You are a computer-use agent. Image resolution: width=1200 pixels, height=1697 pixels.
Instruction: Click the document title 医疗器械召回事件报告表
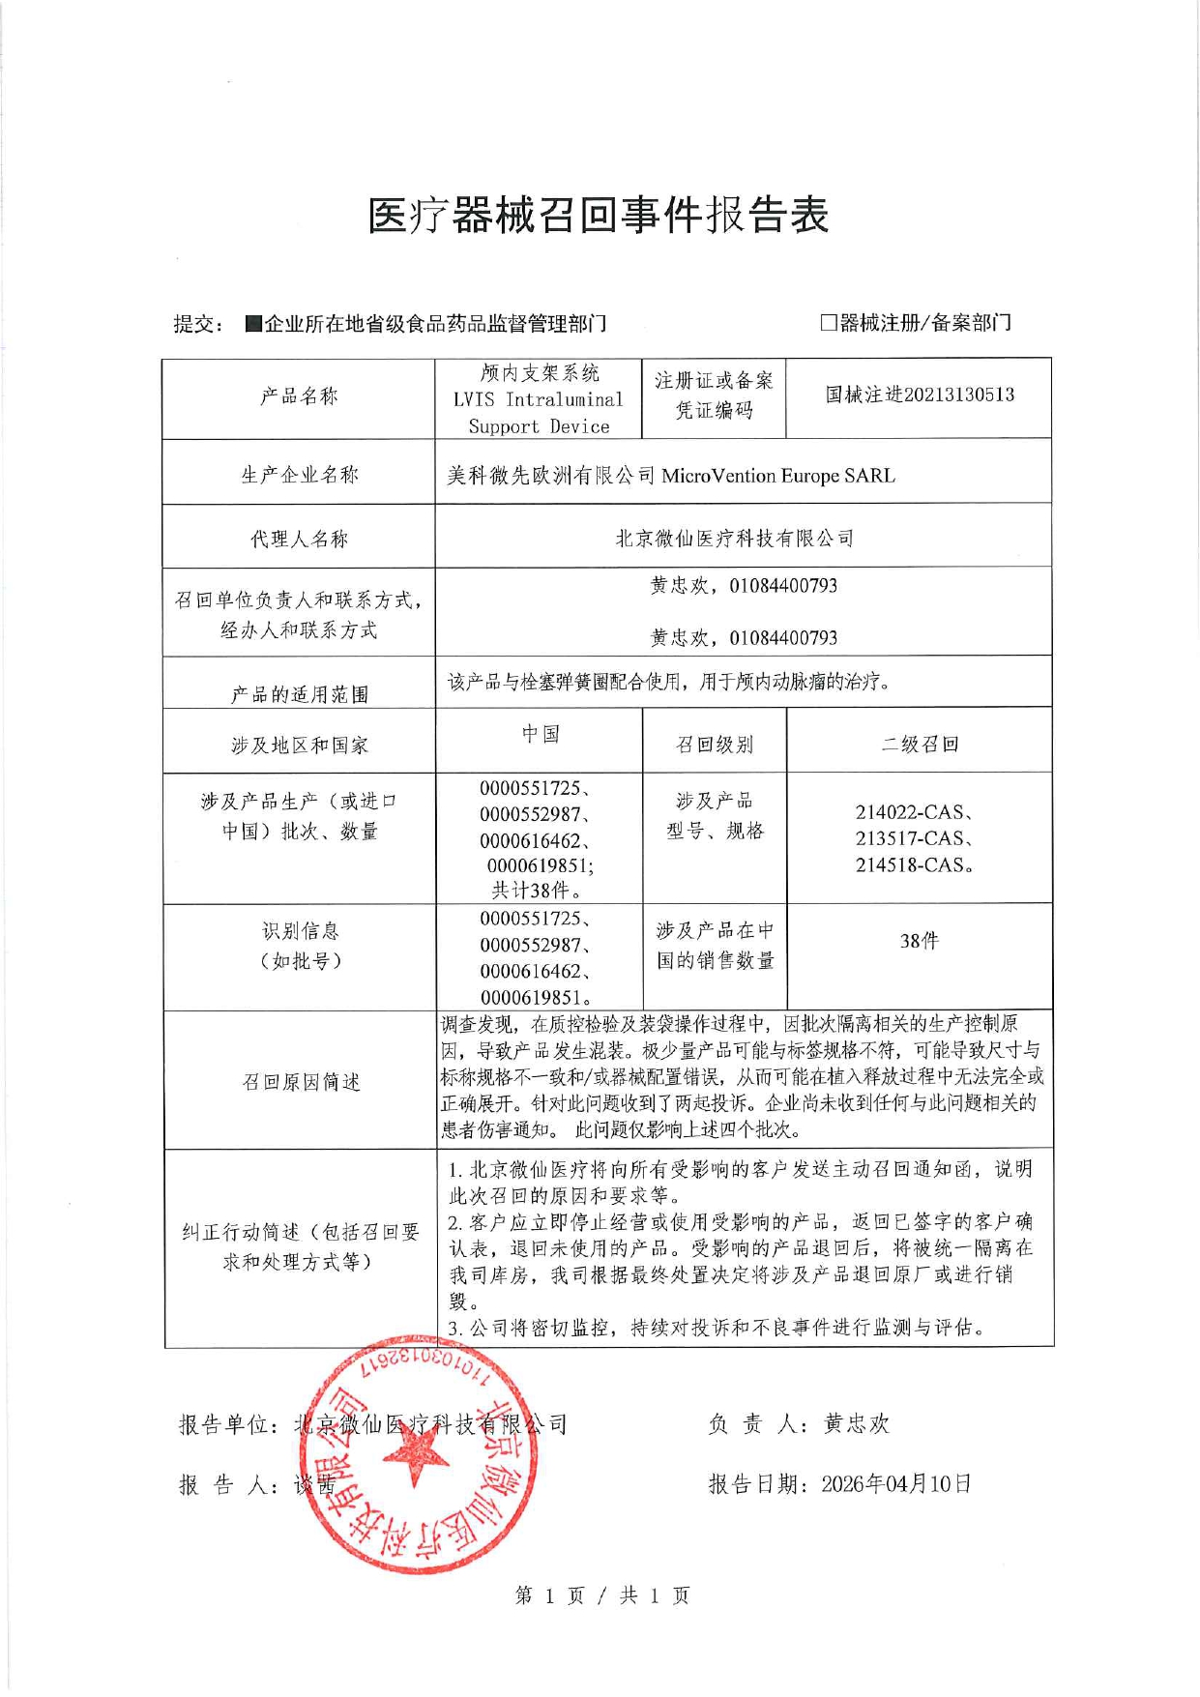[x=598, y=215]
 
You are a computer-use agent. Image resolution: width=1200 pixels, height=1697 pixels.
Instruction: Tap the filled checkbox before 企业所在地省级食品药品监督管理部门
[x=253, y=323]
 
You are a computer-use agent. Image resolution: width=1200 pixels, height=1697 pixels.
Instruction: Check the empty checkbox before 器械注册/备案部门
[x=828, y=322]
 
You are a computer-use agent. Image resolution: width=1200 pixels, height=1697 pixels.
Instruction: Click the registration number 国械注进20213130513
[x=919, y=395]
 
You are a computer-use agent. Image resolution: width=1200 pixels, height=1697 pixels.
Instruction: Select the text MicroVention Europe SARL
[x=777, y=476]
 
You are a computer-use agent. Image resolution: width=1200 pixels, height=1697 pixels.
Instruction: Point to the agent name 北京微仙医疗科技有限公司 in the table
[x=734, y=539]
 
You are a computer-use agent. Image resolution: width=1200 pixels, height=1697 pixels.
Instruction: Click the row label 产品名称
[x=299, y=396]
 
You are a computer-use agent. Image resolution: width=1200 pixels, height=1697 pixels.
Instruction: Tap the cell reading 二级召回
[x=919, y=745]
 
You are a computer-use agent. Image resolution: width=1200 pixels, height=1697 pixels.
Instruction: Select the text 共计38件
[x=536, y=891]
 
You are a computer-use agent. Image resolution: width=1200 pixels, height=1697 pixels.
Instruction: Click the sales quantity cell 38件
[x=919, y=941]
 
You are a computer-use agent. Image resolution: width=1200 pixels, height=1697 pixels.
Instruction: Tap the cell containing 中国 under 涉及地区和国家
[x=541, y=734]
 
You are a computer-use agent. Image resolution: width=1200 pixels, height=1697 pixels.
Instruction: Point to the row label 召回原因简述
[x=301, y=1082]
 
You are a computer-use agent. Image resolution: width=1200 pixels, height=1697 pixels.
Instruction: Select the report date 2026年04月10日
[x=895, y=1484]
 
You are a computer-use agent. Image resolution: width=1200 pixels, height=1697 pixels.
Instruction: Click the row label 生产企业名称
[x=299, y=475]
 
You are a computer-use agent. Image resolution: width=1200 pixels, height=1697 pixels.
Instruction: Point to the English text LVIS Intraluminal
[x=538, y=399]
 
